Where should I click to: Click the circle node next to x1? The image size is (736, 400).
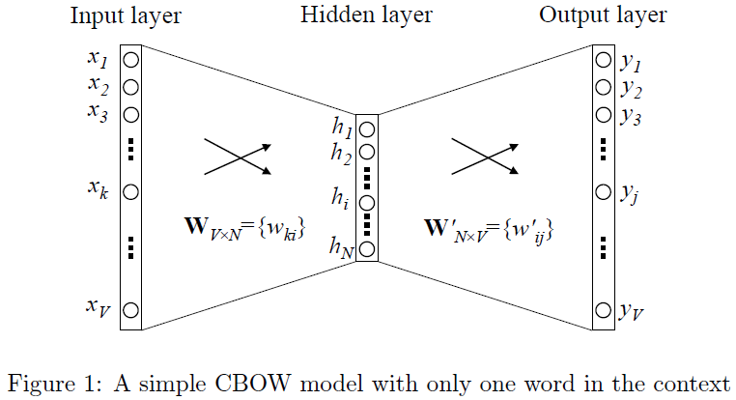click(x=130, y=60)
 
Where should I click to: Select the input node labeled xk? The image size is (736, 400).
click(x=130, y=191)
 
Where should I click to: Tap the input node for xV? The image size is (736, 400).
click(x=130, y=310)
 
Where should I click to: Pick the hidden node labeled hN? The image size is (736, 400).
click(x=366, y=249)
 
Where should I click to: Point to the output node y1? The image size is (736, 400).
click(x=603, y=60)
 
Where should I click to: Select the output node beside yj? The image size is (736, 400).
click(x=603, y=191)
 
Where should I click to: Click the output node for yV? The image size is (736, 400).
click(x=603, y=310)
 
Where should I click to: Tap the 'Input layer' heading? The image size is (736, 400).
click(x=126, y=15)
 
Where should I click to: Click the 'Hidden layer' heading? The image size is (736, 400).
click(x=366, y=15)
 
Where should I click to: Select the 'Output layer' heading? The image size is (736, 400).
click(x=603, y=15)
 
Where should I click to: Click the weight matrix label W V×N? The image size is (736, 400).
click(x=243, y=229)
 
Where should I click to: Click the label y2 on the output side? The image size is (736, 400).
click(x=633, y=89)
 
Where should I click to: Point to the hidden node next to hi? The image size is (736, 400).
click(x=366, y=202)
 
